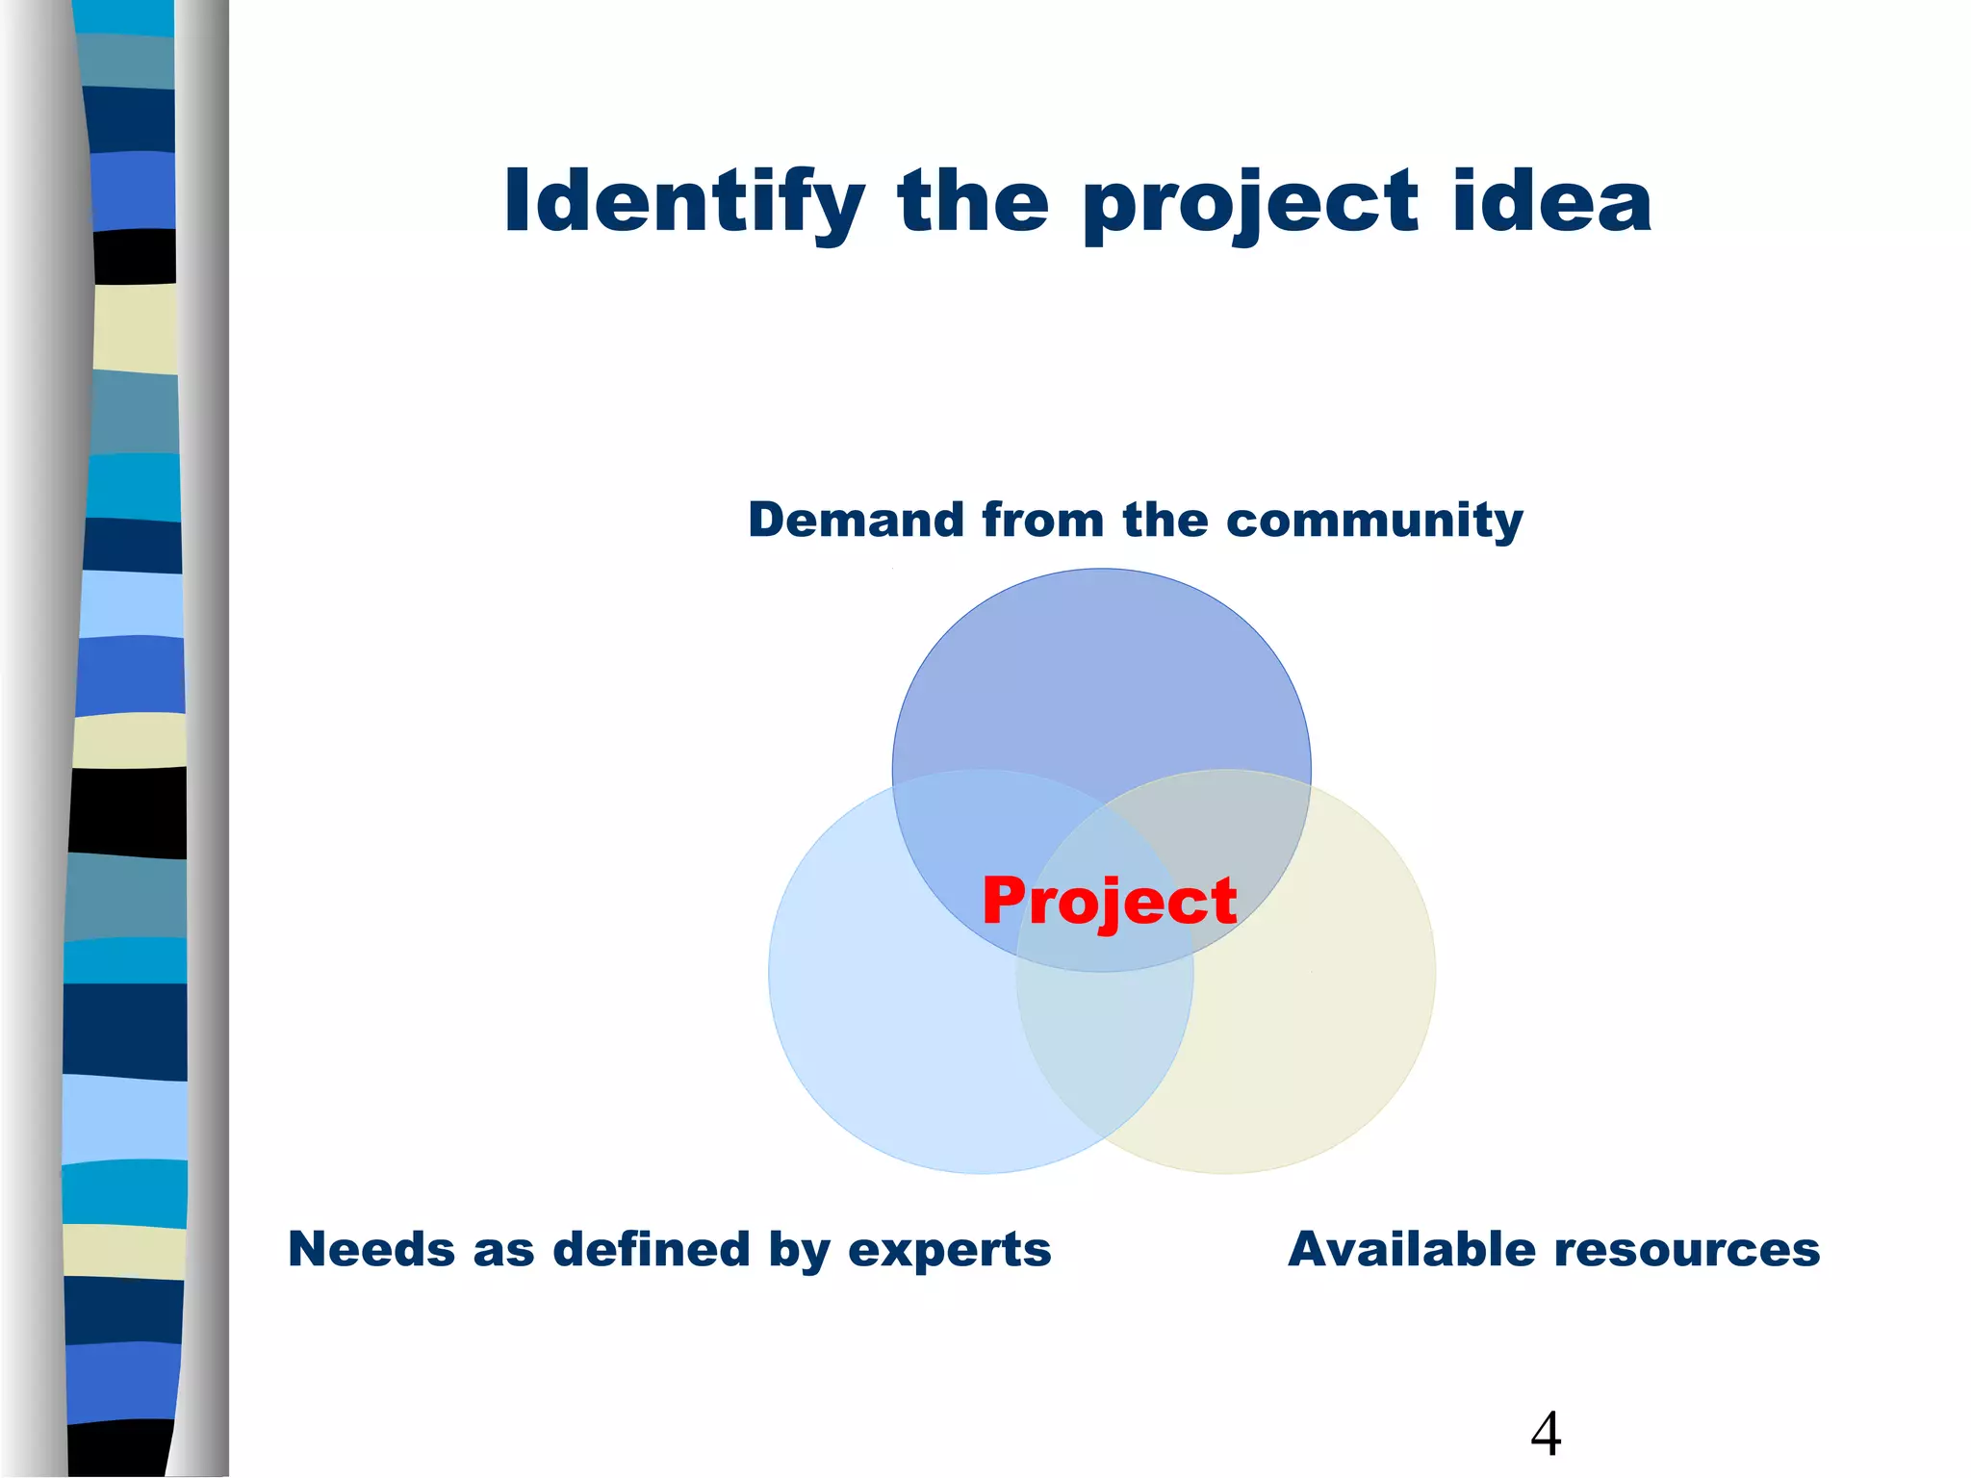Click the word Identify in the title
tap(684, 202)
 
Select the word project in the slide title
tap(1250, 204)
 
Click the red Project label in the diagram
tap(1109, 902)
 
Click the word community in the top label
tap(1374, 521)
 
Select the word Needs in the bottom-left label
tap(371, 1249)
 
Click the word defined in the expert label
tap(653, 1249)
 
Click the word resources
tap(1687, 1249)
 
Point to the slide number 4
tap(1546, 1433)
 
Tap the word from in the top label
tap(1042, 521)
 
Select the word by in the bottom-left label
tap(798, 1251)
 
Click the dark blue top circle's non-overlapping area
tap(1102, 674)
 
